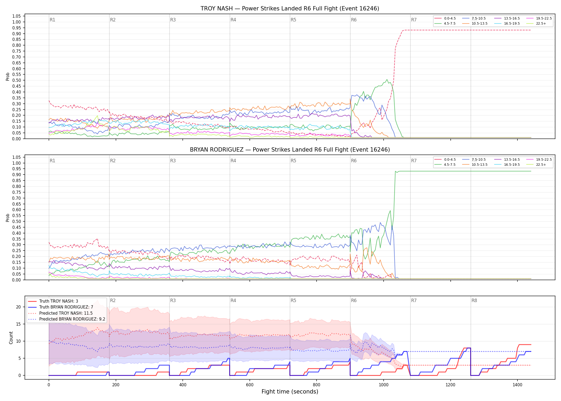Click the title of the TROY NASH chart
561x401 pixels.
(x=290, y=9)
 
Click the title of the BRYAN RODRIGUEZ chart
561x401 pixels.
(x=290, y=150)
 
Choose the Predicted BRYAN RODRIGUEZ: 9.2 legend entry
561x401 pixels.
(x=67, y=319)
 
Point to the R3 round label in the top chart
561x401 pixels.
(x=173, y=20)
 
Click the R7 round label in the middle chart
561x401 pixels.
(x=414, y=161)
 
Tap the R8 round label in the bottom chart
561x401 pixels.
(x=474, y=300)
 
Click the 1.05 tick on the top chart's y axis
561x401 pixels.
(x=17, y=16)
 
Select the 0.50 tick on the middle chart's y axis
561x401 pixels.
(x=17, y=221)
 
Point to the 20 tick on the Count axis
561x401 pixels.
(x=18, y=307)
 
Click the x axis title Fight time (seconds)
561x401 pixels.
(x=290, y=392)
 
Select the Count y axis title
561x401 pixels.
(x=11, y=338)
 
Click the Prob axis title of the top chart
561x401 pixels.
(x=8, y=77)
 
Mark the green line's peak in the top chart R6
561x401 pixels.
(x=387, y=79)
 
